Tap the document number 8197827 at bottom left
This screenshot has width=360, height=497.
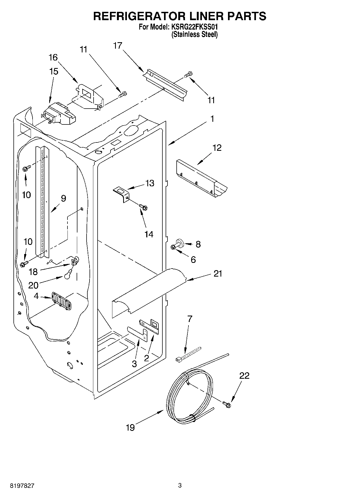pos(22,486)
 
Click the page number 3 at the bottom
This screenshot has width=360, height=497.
pos(180,485)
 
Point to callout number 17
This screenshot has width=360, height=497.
pos(117,46)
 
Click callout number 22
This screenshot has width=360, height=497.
pos(244,376)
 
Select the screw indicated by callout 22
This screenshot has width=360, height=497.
pos(226,404)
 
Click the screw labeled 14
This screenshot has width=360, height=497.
pos(144,207)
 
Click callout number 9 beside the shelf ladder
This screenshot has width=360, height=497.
pos(63,198)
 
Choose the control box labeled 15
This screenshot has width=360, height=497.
pos(59,114)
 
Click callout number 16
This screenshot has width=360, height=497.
pos(53,57)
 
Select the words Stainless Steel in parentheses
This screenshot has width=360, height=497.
pos(194,34)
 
